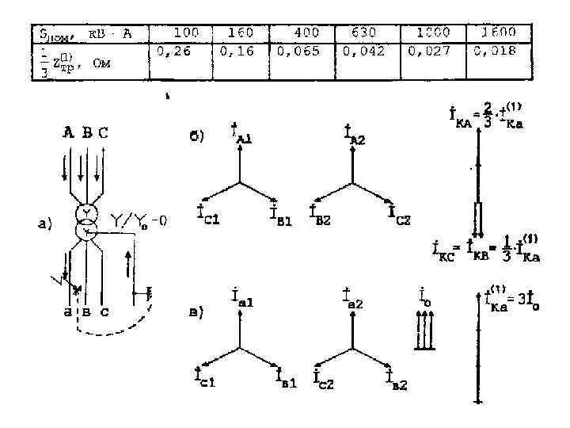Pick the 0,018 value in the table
tap(495, 52)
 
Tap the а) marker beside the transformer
tap(46, 225)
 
